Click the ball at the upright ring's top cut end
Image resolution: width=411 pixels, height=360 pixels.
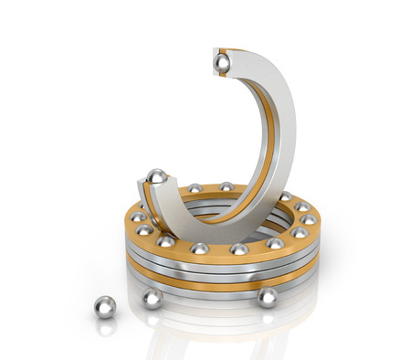tap(221, 62)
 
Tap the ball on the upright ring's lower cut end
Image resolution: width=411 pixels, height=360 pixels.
tap(157, 175)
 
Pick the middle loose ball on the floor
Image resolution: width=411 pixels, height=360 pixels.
tap(152, 299)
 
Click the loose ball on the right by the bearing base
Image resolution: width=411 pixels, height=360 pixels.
tap(267, 297)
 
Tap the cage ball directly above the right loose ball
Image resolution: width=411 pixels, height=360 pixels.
tap(275, 243)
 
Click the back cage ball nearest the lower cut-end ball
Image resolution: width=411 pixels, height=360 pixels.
tap(195, 188)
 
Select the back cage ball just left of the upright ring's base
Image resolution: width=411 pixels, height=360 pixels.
tap(226, 186)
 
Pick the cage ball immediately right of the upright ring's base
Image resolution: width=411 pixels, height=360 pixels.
tap(284, 196)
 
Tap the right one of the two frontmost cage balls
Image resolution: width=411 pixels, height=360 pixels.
tap(239, 249)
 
